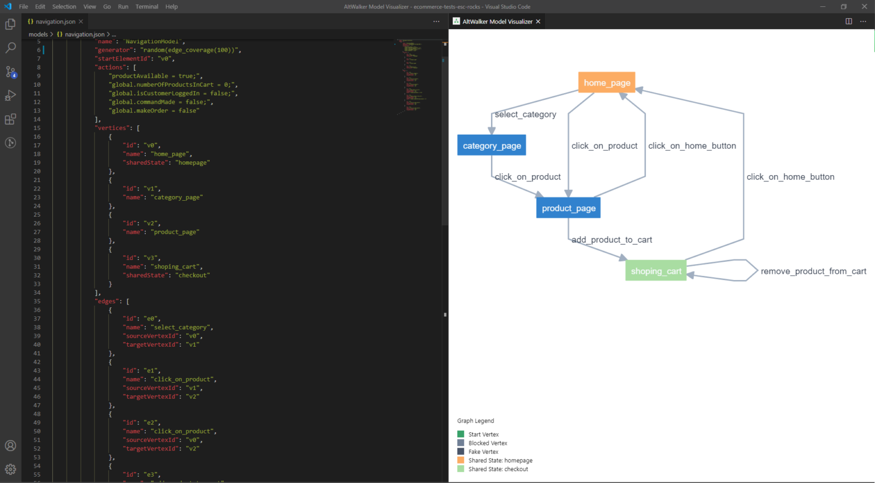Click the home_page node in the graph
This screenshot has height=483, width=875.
pyautogui.click(x=607, y=83)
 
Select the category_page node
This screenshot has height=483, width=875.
pyautogui.click(x=492, y=145)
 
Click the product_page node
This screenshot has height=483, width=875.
pyautogui.click(x=569, y=208)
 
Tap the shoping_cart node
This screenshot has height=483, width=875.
pyautogui.click(x=656, y=271)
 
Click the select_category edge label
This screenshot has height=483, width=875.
pyautogui.click(x=525, y=115)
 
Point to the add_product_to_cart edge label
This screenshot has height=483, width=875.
pyautogui.click(x=612, y=240)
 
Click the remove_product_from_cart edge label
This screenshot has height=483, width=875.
pyautogui.click(x=813, y=271)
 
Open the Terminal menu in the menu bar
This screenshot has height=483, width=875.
pyautogui.click(x=146, y=7)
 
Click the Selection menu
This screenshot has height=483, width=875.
pyautogui.click(x=64, y=7)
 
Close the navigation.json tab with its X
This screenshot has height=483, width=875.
pyautogui.click(x=81, y=22)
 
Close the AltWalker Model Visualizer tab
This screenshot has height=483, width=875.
pyautogui.click(x=538, y=22)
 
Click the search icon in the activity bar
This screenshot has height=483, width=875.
pyautogui.click(x=10, y=48)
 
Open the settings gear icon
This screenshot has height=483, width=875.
pyautogui.click(x=10, y=469)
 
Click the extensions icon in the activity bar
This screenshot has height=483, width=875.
pyautogui.click(x=10, y=119)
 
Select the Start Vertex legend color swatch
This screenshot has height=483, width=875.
pyautogui.click(x=461, y=435)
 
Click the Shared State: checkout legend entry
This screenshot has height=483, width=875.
pyautogui.click(x=498, y=469)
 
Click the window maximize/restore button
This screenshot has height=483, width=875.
pyautogui.click(x=844, y=7)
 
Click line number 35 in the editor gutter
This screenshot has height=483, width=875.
pyautogui.click(x=37, y=302)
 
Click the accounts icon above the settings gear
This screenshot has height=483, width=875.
pyautogui.click(x=10, y=446)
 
